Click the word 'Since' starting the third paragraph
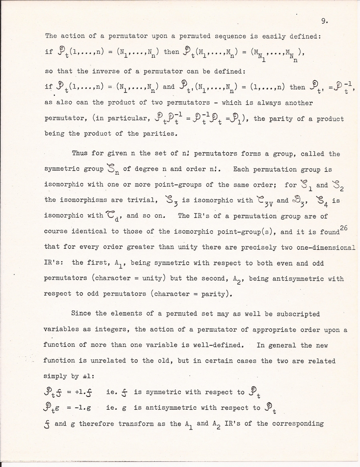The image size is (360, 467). click(82, 314)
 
